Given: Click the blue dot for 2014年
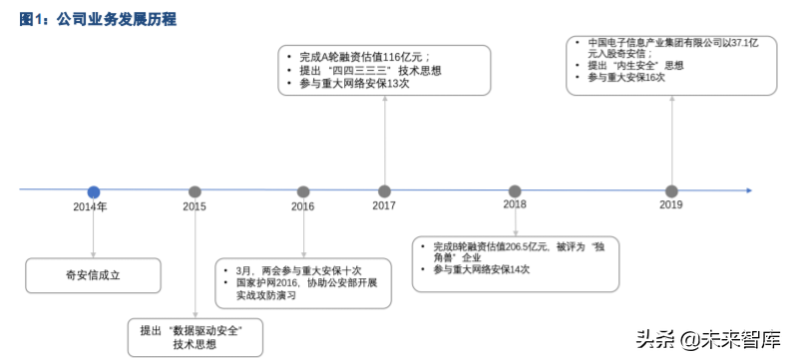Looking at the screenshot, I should click(94, 191).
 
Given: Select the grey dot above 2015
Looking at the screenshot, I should click(195, 191).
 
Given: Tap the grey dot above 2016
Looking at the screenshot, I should click(302, 191).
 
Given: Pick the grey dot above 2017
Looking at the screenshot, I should click(384, 191).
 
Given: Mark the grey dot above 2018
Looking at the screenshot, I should click(515, 191).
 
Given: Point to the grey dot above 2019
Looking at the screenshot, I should click(671, 191).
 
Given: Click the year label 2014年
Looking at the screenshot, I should click(90, 206).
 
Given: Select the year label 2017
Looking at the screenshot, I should click(384, 205).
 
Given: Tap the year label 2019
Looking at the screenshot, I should click(671, 204).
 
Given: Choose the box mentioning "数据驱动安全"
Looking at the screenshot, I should click(195, 336).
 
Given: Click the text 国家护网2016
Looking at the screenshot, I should click(261, 283).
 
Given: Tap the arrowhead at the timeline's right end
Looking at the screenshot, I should click(749, 190).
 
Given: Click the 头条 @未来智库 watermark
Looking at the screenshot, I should click(715, 339).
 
